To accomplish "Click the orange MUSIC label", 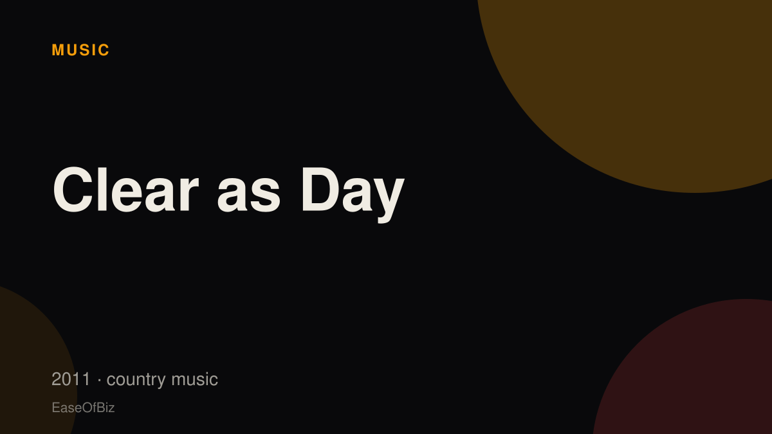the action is (x=80, y=50).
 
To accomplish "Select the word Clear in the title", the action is (x=126, y=190).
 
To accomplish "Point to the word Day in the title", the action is (x=353, y=195).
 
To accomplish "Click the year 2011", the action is (x=71, y=379).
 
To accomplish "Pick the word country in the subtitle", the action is (x=136, y=380).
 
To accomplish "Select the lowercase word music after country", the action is (x=194, y=379).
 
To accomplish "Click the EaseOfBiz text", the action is (x=83, y=408).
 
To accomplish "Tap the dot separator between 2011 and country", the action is (x=99, y=380).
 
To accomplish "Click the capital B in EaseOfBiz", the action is (x=100, y=408).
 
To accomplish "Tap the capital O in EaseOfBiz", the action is (x=87, y=408).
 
